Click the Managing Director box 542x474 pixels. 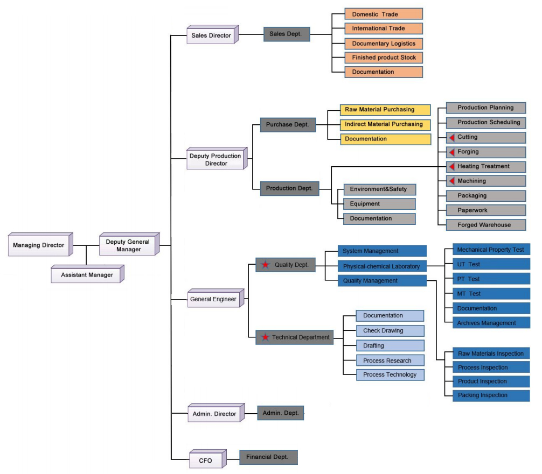click(40, 244)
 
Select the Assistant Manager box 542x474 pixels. click(87, 274)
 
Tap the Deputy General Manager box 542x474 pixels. click(129, 244)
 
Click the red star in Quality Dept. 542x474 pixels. click(265, 265)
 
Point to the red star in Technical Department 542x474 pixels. click(265, 337)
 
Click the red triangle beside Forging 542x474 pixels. click(452, 152)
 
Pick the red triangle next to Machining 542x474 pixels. click(452, 181)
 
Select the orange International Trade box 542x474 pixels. click(384, 29)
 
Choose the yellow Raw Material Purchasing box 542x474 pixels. click(385, 110)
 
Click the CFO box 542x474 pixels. click(208, 459)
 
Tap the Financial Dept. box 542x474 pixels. click(269, 457)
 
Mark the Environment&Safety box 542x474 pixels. click(379, 189)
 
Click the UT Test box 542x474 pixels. click(491, 265)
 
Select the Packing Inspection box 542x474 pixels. click(491, 395)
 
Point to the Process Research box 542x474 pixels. click(390, 360)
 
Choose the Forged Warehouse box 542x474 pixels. click(486, 225)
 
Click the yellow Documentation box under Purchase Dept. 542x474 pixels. click(386, 139)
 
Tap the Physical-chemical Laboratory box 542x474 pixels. click(383, 266)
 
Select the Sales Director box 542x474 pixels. click(213, 34)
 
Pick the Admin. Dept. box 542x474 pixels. click(281, 413)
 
